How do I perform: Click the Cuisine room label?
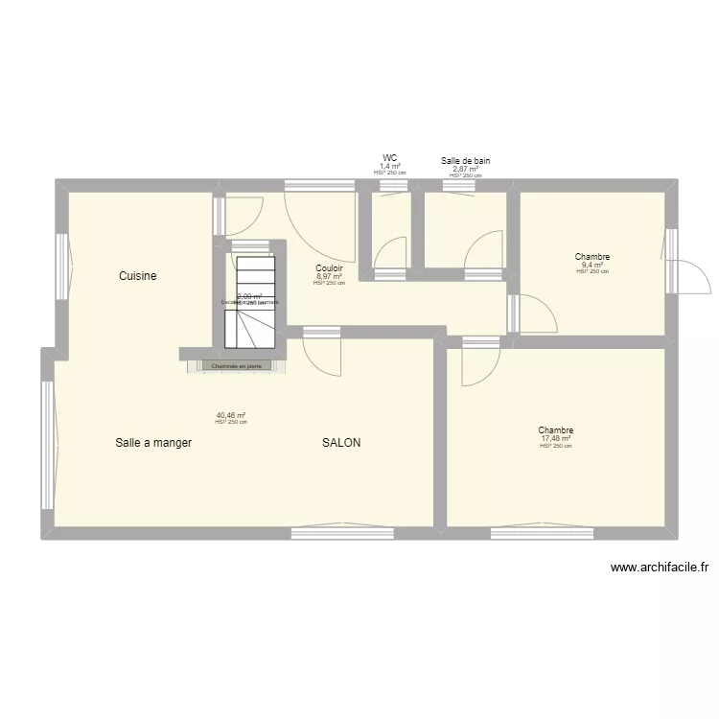(137, 276)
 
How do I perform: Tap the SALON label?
(341, 443)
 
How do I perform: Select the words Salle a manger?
(153, 443)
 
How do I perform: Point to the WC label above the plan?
(390, 158)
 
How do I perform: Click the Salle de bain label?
(466, 161)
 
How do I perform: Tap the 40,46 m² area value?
(231, 415)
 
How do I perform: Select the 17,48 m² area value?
(555, 439)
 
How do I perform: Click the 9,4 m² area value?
(592, 265)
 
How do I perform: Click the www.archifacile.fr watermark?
(660, 568)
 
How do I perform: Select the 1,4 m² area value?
(390, 166)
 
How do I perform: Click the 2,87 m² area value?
(466, 169)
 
